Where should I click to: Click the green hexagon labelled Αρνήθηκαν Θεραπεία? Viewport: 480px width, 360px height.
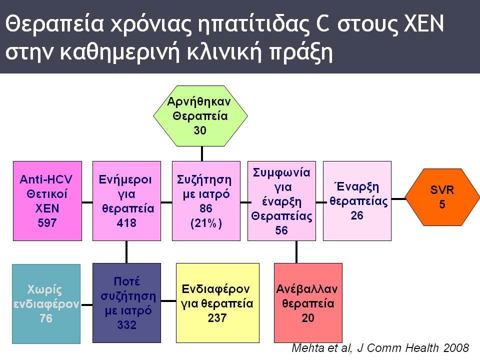[200, 115]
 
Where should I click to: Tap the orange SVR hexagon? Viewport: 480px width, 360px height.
[442, 197]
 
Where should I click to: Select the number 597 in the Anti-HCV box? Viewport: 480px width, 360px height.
[47, 223]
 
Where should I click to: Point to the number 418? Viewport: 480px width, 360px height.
[126, 223]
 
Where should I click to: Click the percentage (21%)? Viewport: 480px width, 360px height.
[206, 223]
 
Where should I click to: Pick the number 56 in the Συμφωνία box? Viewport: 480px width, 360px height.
[281, 230]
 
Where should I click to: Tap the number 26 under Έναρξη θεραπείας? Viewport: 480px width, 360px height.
[357, 215]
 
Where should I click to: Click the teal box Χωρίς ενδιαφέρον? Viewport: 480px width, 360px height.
[46, 303]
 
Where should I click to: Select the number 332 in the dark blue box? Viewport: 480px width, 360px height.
[126, 324]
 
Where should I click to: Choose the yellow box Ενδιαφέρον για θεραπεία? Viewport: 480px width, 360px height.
[217, 303]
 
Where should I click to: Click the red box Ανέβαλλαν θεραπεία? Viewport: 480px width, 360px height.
[308, 303]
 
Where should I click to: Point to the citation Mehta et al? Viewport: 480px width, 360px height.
[321, 348]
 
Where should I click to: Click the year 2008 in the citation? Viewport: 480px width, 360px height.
[456, 348]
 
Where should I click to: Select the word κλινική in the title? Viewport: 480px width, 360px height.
[224, 52]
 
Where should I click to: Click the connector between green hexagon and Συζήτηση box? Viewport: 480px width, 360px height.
[202, 153]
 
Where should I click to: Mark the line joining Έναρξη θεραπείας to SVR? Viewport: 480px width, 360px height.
[398, 199]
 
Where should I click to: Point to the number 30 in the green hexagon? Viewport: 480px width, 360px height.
[200, 130]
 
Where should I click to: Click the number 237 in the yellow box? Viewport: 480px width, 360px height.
[217, 318]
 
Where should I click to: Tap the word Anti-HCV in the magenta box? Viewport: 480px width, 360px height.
[46, 179]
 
